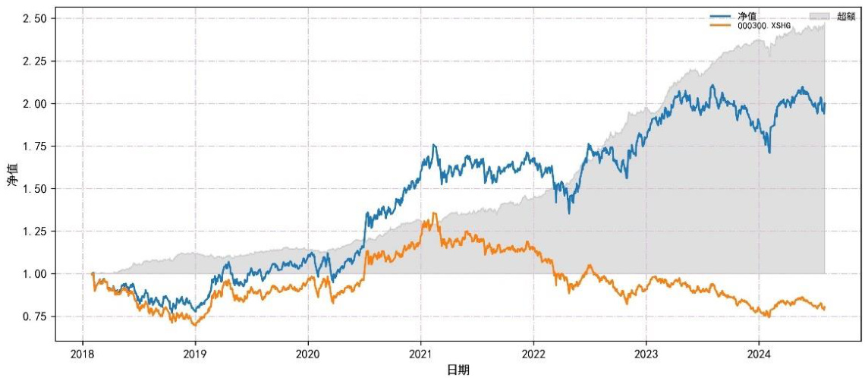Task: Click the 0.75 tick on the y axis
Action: coord(35,317)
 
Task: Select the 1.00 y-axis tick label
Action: coord(35,274)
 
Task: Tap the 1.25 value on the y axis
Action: coord(35,232)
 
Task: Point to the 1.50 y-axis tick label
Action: coord(35,189)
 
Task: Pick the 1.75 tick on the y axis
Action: coord(35,146)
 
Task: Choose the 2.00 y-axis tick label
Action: coord(35,104)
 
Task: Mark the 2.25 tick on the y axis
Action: coord(35,61)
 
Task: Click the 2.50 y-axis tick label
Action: coord(35,18)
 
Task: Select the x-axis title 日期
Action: coord(458,370)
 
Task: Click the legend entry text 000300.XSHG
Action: coord(764,26)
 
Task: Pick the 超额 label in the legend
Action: coord(846,16)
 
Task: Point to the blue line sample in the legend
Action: coord(721,16)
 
